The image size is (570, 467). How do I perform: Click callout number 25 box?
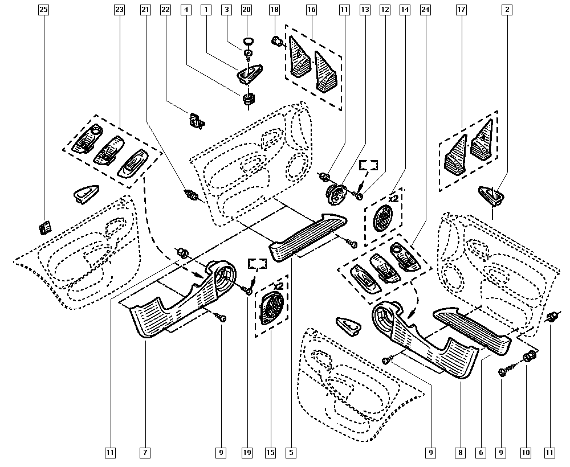point(44,10)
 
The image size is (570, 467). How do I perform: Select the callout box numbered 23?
point(119,10)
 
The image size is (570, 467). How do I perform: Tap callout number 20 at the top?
point(246,10)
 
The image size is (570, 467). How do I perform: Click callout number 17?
point(462,10)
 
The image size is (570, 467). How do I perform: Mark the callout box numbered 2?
point(507,10)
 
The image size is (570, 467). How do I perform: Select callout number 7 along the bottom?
point(145,453)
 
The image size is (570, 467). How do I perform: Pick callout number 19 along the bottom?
point(246,453)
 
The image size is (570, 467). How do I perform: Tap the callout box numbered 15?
point(270,453)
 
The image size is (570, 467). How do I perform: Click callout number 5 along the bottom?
point(291,453)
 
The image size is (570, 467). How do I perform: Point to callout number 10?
point(525,453)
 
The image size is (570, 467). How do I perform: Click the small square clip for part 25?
point(44,228)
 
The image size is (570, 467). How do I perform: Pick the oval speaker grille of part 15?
point(270,308)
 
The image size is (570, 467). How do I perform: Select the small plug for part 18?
point(277,40)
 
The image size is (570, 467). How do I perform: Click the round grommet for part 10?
point(528,358)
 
